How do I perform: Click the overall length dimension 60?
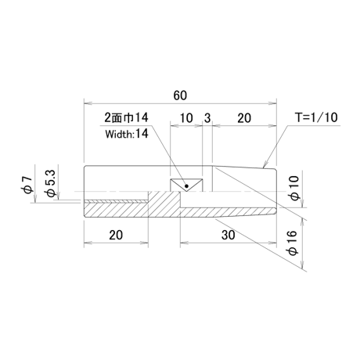click(x=180, y=95)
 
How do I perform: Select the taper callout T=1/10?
click(x=316, y=117)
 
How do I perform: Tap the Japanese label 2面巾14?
click(x=126, y=117)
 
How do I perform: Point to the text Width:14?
click(x=127, y=134)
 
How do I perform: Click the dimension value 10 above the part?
click(x=186, y=118)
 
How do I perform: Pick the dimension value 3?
click(x=207, y=118)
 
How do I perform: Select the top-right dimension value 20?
click(x=244, y=118)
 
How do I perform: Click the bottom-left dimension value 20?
click(x=116, y=235)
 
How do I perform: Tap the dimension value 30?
click(x=229, y=235)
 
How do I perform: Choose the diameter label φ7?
click(x=28, y=185)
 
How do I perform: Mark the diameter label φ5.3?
click(x=50, y=183)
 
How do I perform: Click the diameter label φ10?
click(x=295, y=188)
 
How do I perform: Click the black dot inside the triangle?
click(x=186, y=186)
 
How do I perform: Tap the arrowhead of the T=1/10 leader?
click(x=265, y=165)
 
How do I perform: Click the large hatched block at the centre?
click(x=164, y=203)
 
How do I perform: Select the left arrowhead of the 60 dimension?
click(x=88, y=104)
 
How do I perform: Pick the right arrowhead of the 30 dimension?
click(x=272, y=243)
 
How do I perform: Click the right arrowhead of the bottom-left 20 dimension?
click(x=145, y=243)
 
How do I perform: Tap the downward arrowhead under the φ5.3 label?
click(x=58, y=196)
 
